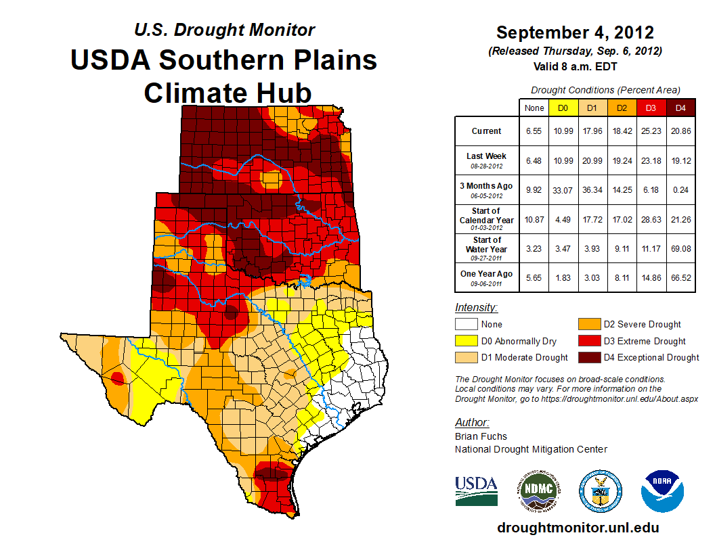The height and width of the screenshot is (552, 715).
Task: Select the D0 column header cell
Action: tap(563, 108)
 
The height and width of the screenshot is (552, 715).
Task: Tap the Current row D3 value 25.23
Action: tap(651, 131)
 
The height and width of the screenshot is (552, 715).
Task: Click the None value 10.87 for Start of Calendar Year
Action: tap(534, 219)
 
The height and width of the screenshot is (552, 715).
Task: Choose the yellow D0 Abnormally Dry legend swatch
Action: tap(466, 341)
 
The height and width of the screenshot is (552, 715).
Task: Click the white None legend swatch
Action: tap(466, 325)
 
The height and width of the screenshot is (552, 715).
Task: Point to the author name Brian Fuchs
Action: tap(481, 436)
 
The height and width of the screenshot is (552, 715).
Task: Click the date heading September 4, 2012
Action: tap(575, 32)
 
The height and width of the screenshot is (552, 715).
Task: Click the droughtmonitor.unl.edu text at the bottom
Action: tap(578, 528)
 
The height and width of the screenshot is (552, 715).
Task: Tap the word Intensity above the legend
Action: tap(476, 308)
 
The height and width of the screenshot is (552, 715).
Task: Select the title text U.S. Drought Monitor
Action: tap(224, 30)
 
